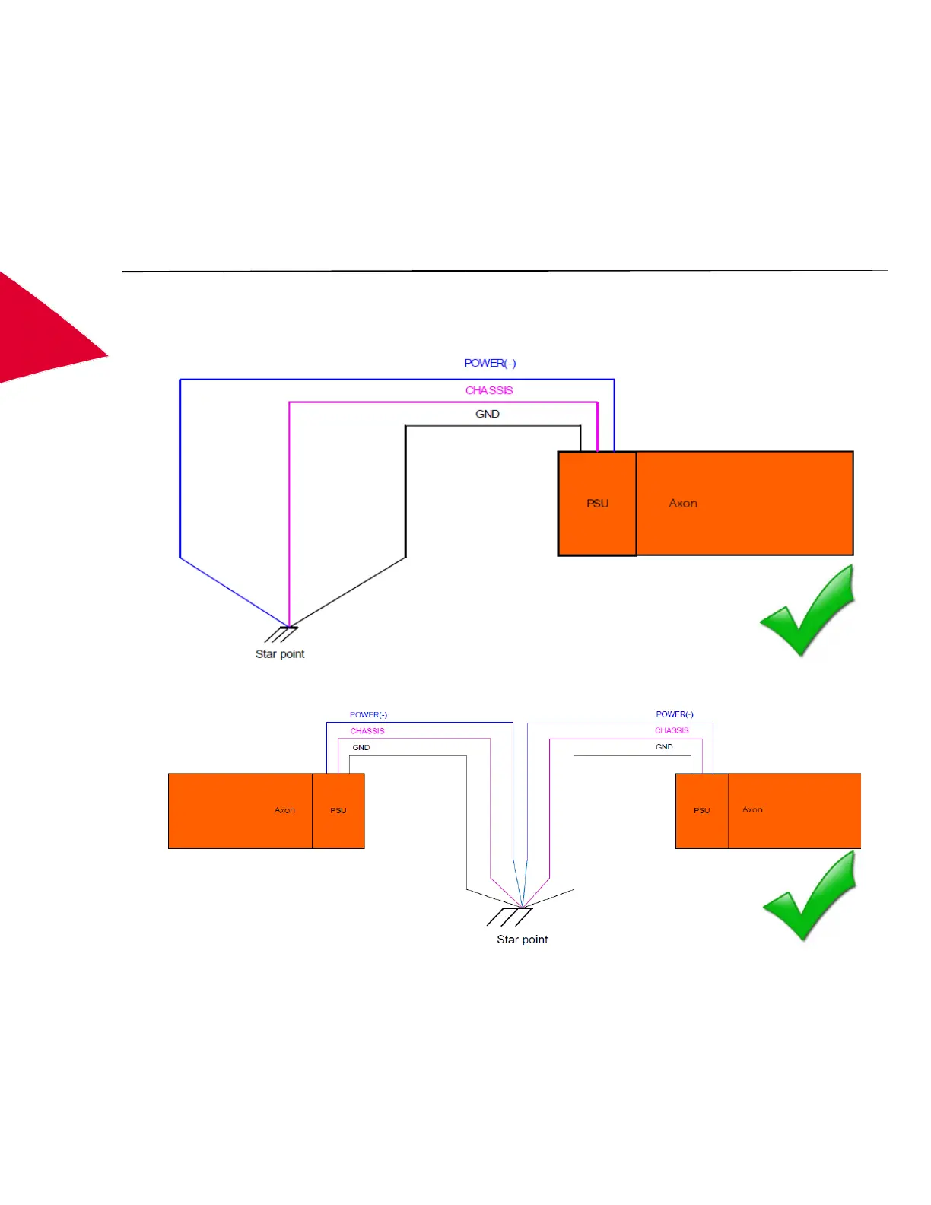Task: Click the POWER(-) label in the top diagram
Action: pos(490,364)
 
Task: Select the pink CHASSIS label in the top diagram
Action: pos(489,390)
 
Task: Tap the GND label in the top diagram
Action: pos(488,414)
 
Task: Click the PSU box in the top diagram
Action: pos(597,504)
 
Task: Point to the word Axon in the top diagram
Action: pos(683,504)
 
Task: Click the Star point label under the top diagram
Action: pos(280,654)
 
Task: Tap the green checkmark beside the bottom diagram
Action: pos(810,896)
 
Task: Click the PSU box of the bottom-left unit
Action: pos(338,811)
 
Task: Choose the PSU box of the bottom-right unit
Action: pos(701,811)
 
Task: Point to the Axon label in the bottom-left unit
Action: pos(284,811)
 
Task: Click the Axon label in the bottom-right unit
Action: pos(752,810)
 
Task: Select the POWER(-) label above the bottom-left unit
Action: pos(368,715)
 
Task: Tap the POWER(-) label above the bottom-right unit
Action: pos(675,714)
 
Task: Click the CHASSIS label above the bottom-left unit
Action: pos(367,731)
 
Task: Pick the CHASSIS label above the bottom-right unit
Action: pos(672,730)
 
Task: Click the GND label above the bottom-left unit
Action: pos(361,748)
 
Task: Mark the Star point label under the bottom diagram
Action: pos(523,940)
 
